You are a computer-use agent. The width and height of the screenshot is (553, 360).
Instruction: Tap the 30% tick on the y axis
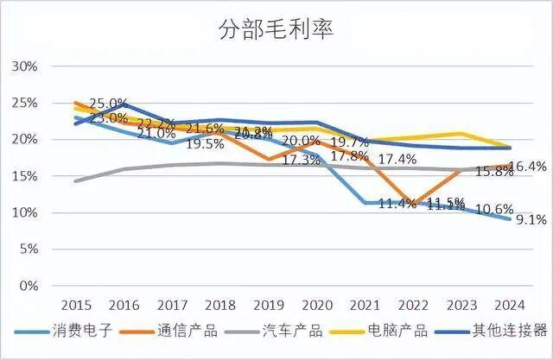(x=25, y=66)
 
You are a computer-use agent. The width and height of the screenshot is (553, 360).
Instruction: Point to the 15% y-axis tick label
(x=25, y=176)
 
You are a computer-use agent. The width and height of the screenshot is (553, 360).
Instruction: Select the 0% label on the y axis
(x=29, y=286)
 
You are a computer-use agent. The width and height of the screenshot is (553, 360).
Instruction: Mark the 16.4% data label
(x=530, y=167)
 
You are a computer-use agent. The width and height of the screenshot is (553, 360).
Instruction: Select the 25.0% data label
(x=108, y=104)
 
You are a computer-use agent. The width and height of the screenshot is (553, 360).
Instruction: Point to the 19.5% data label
(x=206, y=144)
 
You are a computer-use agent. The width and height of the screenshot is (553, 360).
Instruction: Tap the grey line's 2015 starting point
(x=76, y=181)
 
